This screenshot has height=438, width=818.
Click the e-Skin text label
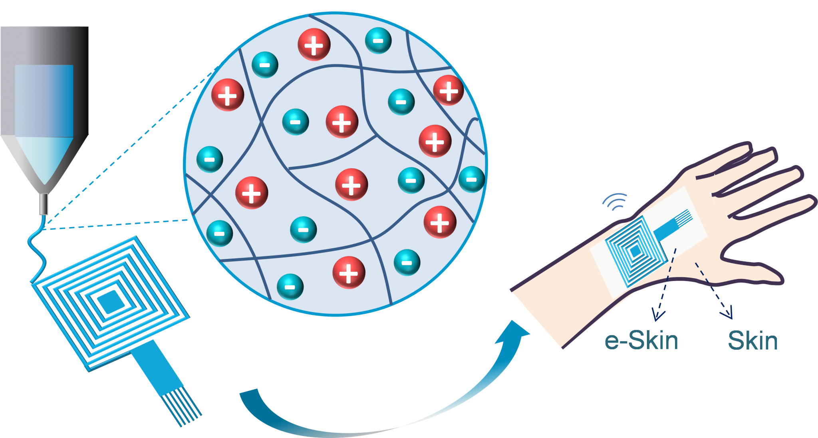pos(641,340)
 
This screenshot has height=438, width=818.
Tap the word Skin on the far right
pos(753,341)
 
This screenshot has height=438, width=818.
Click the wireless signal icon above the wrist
pos(615,201)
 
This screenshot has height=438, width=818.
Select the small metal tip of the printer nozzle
pos(43,204)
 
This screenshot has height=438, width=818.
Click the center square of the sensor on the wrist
pos(635,251)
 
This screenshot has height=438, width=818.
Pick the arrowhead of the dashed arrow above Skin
pos(727,312)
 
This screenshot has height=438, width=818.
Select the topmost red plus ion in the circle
pos(314,45)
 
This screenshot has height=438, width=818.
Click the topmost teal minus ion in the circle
pos(378,40)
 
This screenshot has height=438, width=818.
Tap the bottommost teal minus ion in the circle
pos(290,287)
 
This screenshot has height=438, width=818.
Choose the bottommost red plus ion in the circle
pos(349,273)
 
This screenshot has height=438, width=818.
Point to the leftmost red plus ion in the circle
pos(228,95)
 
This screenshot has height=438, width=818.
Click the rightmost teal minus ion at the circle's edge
pos(471,179)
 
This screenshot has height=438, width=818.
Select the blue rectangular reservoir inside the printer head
pos(44,101)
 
